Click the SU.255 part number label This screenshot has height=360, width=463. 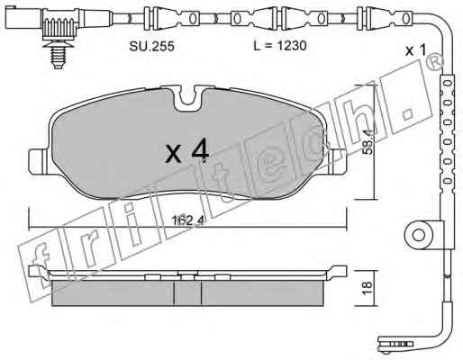click(151, 46)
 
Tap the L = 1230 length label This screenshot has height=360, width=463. click(280, 46)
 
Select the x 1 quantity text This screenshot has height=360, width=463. click(415, 50)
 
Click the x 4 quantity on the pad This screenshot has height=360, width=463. click(187, 152)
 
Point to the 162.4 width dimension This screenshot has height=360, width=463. click(187, 220)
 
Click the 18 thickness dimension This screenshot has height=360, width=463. click(367, 288)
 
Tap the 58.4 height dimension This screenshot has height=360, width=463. click(367, 142)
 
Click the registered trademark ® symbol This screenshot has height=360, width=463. click(436, 61)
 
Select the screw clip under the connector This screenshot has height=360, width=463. click(58, 55)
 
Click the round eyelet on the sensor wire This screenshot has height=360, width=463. click(418, 235)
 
